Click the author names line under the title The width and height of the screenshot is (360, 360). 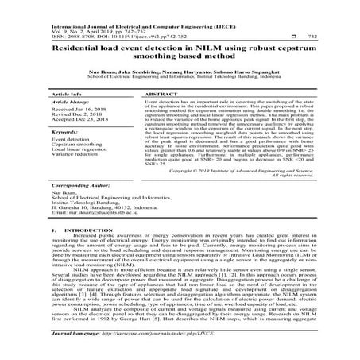(x=180, y=70)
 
